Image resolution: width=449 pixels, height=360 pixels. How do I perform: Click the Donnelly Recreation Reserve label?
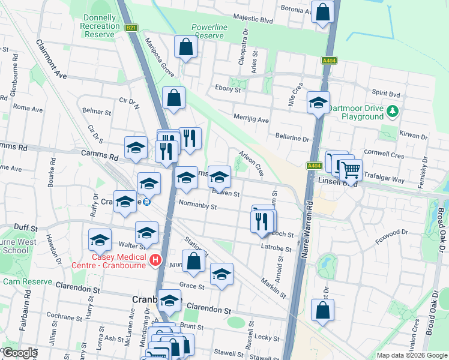click(x=101, y=26)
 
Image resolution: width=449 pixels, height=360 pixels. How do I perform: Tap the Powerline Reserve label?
click(x=207, y=32)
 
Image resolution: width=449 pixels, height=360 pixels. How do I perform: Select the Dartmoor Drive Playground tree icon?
click(x=393, y=111)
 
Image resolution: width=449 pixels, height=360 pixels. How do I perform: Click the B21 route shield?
click(x=131, y=28)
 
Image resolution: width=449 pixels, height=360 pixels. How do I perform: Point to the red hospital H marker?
click(x=155, y=260)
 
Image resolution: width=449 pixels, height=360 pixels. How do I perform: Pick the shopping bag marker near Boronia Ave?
click(x=322, y=12)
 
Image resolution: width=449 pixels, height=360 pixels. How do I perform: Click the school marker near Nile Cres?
click(x=318, y=102)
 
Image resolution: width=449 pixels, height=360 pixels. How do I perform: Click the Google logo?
click(x=20, y=353)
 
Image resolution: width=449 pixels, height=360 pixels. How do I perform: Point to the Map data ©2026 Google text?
click(x=412, y=355)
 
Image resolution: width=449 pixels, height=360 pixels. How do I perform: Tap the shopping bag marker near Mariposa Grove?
click(x=185, y=46)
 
